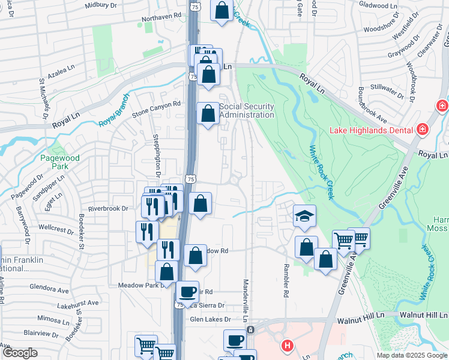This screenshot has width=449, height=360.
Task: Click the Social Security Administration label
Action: click(247, 110)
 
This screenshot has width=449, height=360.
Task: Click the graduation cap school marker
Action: click(304, 216)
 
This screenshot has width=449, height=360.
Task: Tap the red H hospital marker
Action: click(288, 346)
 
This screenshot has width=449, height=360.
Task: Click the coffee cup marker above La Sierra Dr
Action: click(187, 292)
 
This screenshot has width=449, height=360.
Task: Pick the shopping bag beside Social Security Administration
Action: click(208, 113)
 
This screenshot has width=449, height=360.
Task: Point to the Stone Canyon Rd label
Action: click(156, 107)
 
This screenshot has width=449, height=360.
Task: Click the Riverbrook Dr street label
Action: click(108, 208)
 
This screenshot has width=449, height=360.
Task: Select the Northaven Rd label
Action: click(161, 18)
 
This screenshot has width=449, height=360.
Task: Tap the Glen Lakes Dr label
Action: click(209, 320)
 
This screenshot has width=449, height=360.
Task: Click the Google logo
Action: click(20, 353)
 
